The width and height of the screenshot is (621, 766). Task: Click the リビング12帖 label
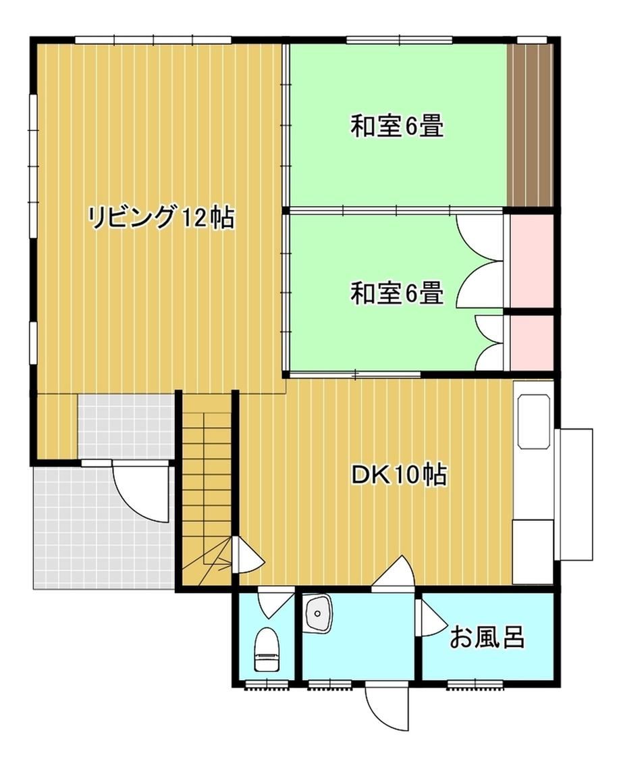point(161,218)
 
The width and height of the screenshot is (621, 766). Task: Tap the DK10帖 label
point(400,475)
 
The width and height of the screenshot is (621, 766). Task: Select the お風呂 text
point(487,637)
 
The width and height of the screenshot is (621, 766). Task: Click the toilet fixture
point(267,649)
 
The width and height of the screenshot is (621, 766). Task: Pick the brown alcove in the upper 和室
point(529,125)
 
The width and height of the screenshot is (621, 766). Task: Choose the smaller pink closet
point(531,343)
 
